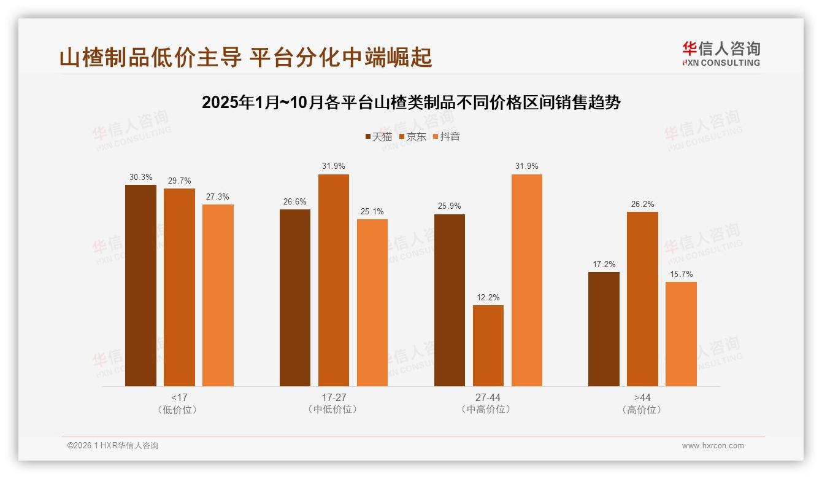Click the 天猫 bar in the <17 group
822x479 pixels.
pos(140,286)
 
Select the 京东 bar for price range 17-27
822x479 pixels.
pos(333,281)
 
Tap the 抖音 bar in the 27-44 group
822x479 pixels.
pos(526,281)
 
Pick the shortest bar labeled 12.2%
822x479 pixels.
pos(488,346)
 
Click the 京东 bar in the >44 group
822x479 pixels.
pos(642,299)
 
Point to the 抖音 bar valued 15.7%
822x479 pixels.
pos(681,334)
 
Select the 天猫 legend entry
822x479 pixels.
pos(378,136)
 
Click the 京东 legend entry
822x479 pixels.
pos(412,136)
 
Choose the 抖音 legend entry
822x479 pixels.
pos(446,136)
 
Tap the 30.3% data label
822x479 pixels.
pos(140,177)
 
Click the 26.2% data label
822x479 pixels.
pos(642,204)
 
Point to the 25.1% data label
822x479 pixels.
pos(372,211)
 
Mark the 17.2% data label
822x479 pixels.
pos(604,264)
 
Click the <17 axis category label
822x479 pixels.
pos(179,397)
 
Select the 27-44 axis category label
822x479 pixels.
pos(488,397)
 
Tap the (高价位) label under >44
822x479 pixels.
pos(642,410)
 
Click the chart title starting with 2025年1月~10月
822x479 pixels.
pos(411,102)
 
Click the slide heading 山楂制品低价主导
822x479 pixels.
pos(245,57)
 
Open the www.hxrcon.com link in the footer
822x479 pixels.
pos(713,446)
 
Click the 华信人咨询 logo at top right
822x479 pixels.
pos(721,53)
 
